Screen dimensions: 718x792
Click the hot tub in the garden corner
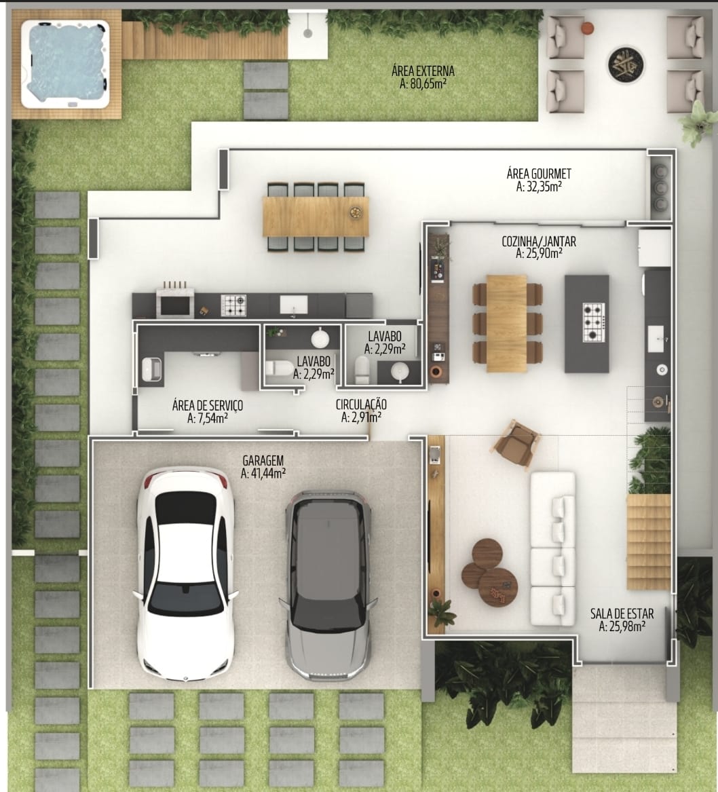65,64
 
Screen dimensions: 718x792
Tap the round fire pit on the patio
626,64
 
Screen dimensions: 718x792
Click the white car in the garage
185,573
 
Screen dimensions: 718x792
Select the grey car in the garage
328,585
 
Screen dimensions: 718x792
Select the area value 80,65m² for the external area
423,84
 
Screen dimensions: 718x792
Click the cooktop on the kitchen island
594,322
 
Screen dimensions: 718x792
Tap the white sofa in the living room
552,549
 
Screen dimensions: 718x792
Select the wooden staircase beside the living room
648,542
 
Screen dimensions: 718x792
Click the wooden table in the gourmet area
316,216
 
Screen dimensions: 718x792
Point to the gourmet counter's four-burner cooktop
233,305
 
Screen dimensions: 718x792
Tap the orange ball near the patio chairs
587,29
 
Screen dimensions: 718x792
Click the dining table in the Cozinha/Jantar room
506,323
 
